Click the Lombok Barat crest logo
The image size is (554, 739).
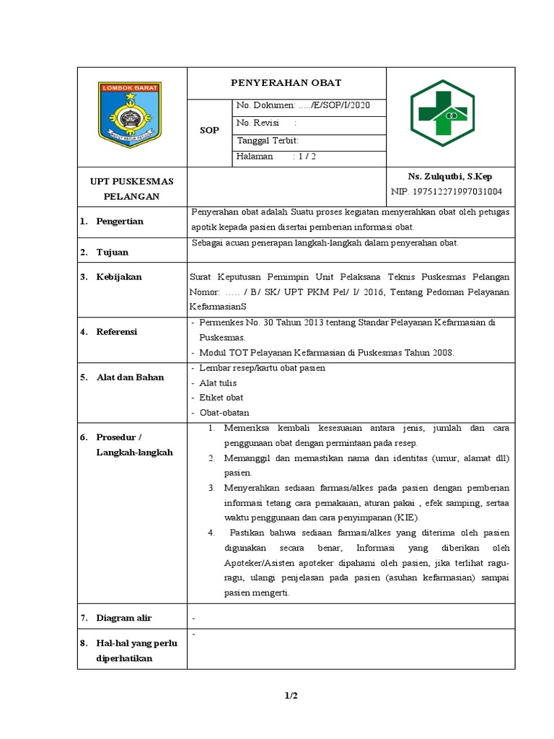click(131, 115)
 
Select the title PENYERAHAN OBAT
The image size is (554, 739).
click(286, 83)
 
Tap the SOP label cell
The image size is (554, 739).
click(208, 131)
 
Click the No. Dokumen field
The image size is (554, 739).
click(303, 105)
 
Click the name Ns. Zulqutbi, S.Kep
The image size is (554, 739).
click(450, 176)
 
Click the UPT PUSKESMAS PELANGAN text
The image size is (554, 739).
click(131, 188)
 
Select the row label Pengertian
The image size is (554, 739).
click(120, 222)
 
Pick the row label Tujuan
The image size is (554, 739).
click(114, 252)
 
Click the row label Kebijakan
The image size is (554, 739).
click(119, 277)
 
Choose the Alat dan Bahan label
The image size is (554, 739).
click(130, 377)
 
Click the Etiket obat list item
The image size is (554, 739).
click(221, 398)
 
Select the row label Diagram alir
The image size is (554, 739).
click(124, 618)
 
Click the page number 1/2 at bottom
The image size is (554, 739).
click(291, 696)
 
